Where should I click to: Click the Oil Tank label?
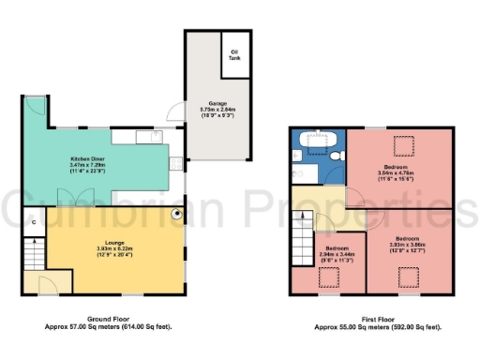point(232,55)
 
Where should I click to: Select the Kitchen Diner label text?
point(88,159)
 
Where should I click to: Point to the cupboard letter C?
point(34,222)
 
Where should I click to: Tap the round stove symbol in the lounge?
point(176,213)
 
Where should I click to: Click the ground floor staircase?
point(32,252)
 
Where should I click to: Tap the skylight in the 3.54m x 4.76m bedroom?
point(403,146)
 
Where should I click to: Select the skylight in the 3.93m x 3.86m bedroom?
point(408,276)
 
